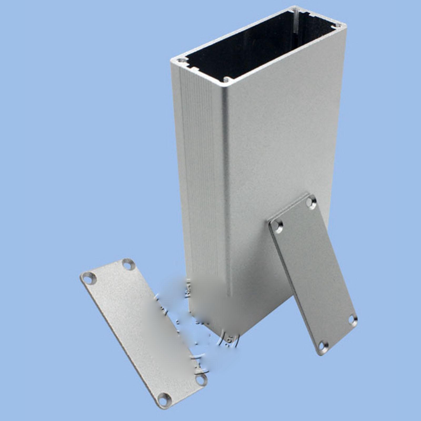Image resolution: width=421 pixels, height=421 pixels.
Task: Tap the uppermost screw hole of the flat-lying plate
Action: (x=128, y=265)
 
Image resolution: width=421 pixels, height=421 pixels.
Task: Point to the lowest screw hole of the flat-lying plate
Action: (x=165, y=400)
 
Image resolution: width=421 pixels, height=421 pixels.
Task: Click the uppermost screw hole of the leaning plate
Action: (x=311, y=202)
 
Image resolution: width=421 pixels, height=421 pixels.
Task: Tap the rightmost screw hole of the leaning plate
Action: (x=352, y=319)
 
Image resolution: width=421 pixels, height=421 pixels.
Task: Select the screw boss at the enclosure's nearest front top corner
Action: (x=227, y=79)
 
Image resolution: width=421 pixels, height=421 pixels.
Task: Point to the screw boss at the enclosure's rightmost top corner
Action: (x=337, y=26)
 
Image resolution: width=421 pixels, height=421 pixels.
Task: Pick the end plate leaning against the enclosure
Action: (x=313, y=274)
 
